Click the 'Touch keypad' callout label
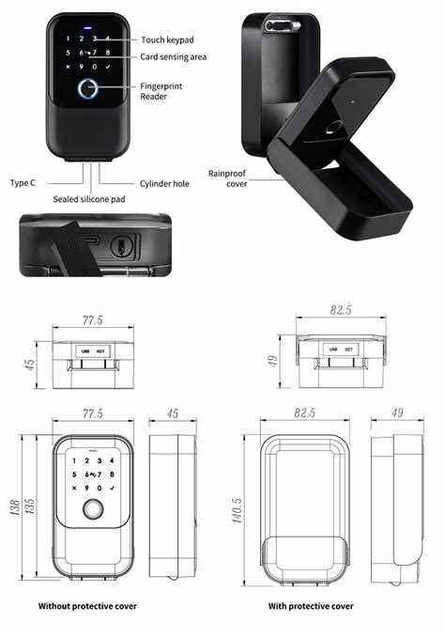166,39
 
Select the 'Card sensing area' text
174,57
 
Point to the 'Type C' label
23,182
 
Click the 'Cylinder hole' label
164,183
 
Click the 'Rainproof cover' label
227,179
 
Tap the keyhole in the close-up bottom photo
119,246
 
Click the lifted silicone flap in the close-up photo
77,246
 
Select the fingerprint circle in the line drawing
93,510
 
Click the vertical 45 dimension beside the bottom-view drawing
29,363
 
